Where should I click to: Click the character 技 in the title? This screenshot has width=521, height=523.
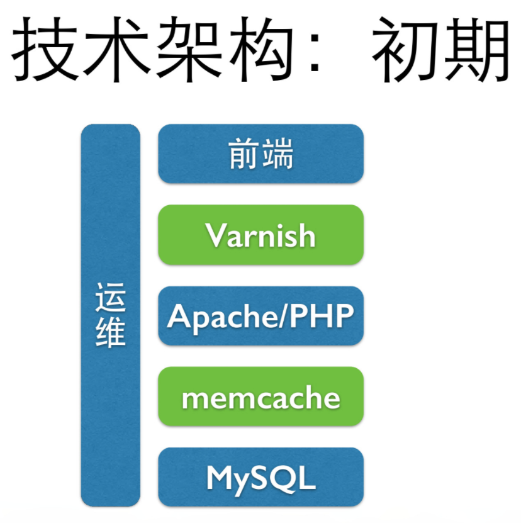[46, 50]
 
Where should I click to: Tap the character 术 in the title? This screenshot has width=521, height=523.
[115, 50]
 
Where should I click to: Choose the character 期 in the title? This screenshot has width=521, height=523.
[476, 50]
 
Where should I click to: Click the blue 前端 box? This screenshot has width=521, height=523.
[260, 154]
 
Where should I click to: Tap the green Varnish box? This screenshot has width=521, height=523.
[260, 235]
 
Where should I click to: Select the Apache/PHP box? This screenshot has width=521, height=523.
[260, 316]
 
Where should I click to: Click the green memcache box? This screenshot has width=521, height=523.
[260, 397]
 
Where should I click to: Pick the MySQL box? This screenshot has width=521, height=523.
[260, 478]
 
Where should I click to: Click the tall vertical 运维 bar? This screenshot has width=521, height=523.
[111, 409]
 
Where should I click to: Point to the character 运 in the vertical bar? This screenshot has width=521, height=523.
[111, 298]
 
